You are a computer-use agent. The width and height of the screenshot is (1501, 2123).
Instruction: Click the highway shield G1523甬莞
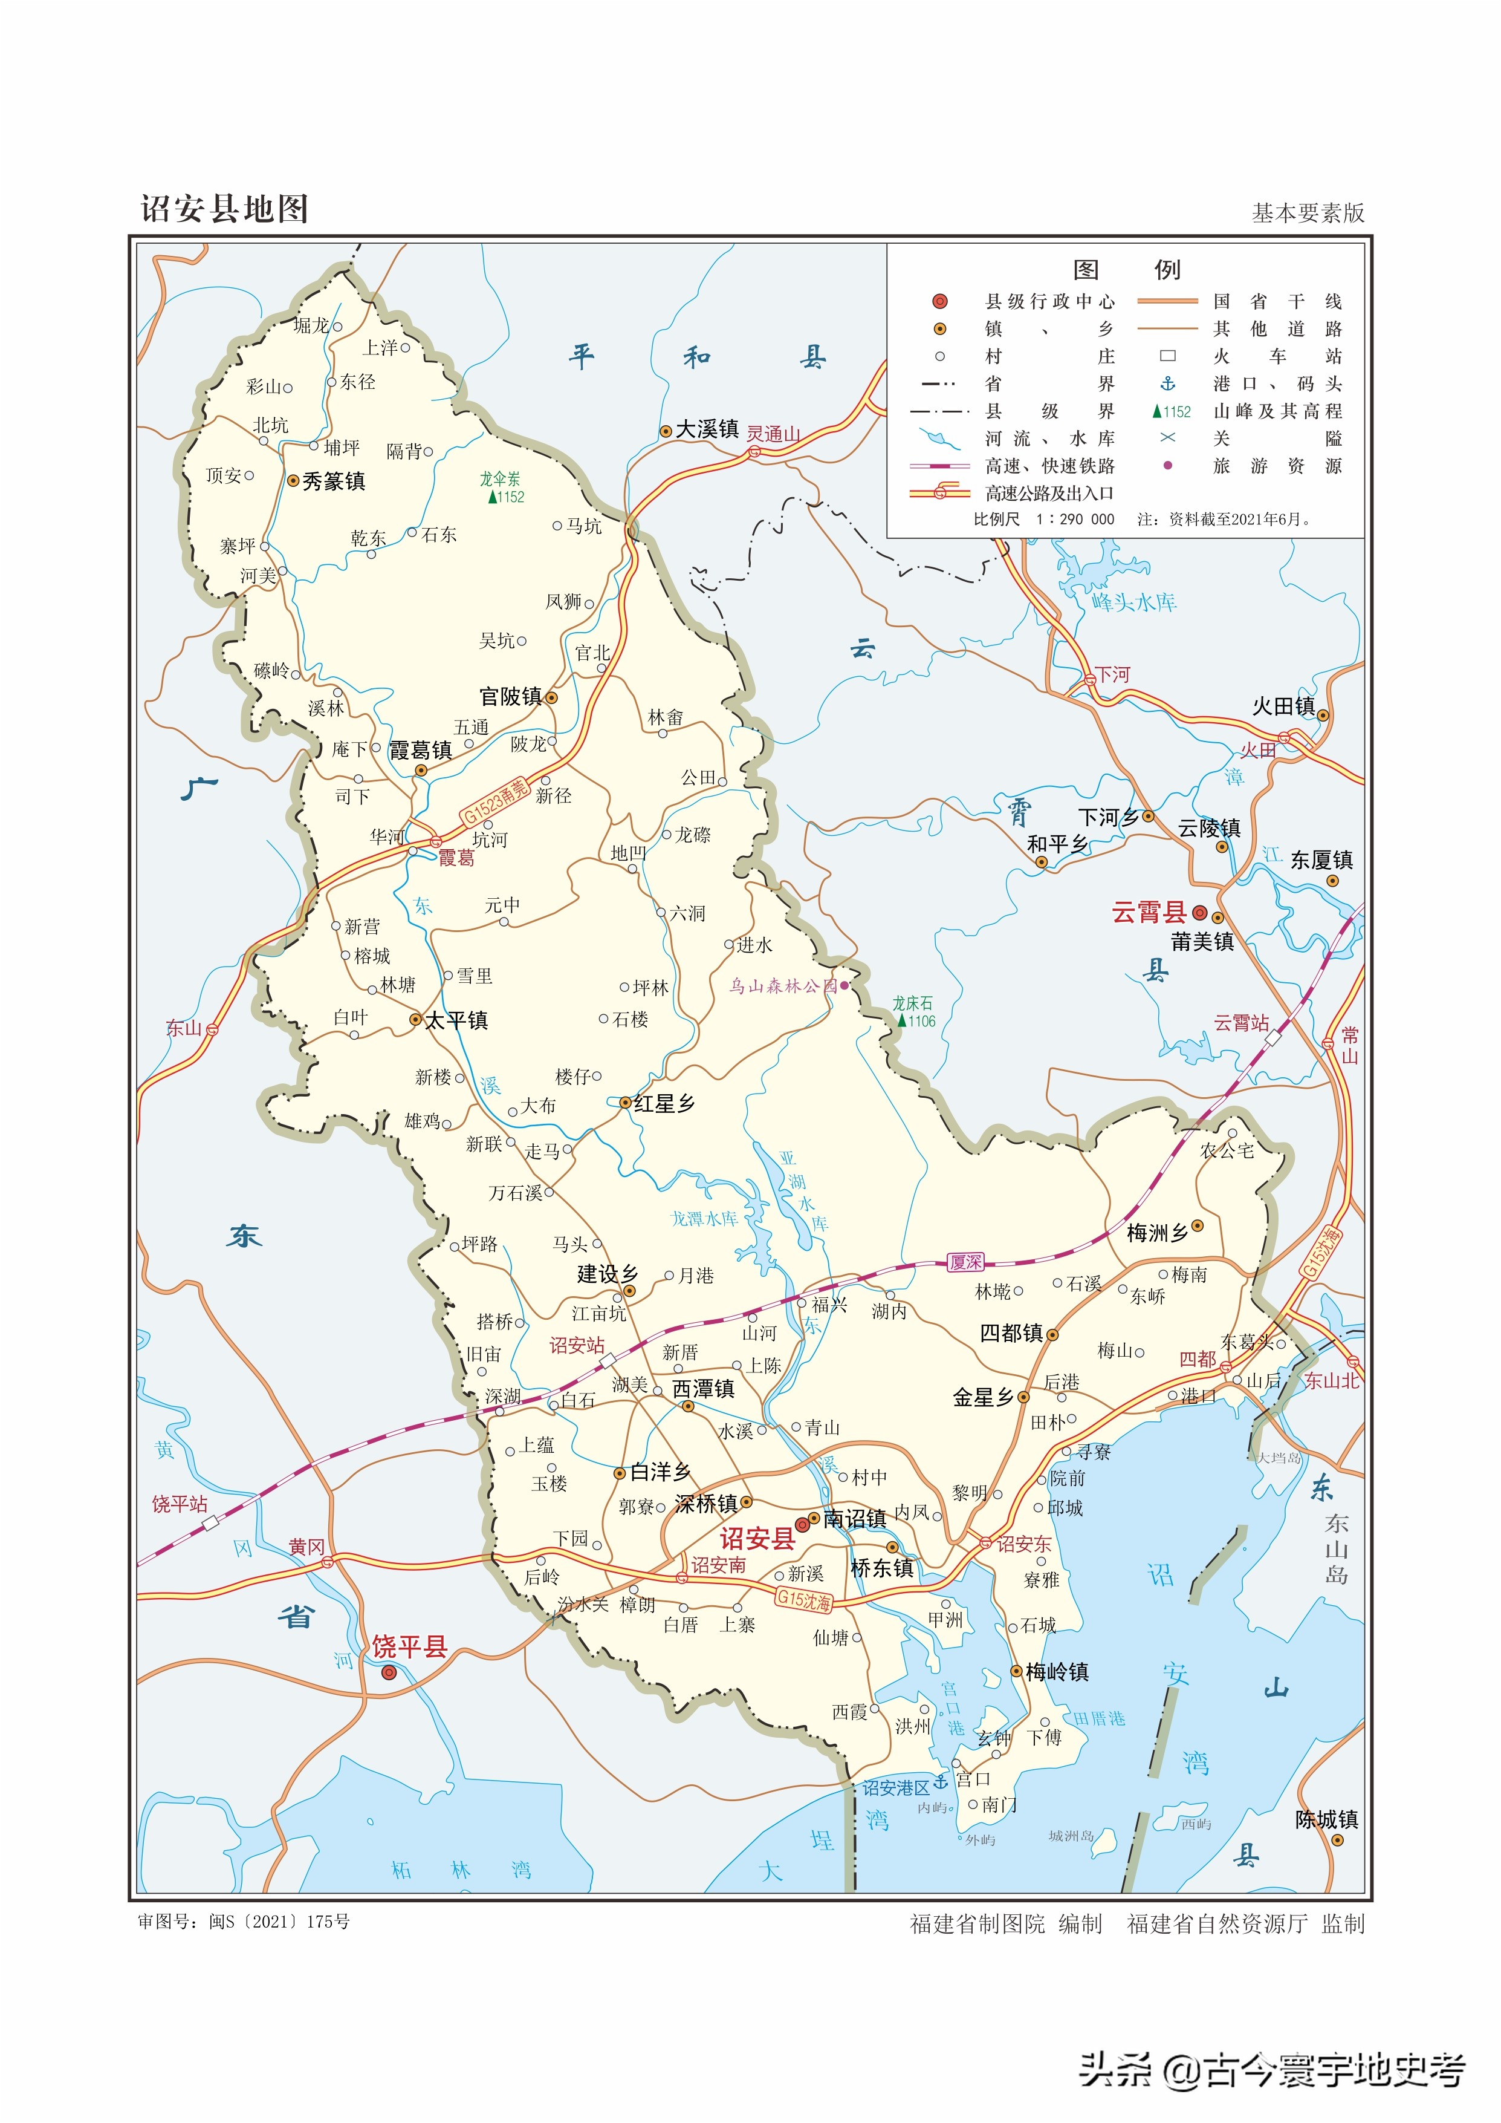click(496, 801)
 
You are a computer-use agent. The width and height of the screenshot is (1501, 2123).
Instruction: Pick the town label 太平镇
click(456, 1020)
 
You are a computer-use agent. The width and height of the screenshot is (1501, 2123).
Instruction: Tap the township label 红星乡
click(664, 1103)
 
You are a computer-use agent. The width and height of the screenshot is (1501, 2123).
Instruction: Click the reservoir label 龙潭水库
click(704, 1219)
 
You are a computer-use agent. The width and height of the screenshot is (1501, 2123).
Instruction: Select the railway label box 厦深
click(966, 1262)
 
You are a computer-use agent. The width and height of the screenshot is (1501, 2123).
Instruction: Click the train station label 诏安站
click(577, 1345)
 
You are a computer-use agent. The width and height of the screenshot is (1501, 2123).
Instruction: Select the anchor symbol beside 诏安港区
click(940, 1781)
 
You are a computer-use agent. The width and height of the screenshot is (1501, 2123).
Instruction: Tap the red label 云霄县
click(1149, 913)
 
